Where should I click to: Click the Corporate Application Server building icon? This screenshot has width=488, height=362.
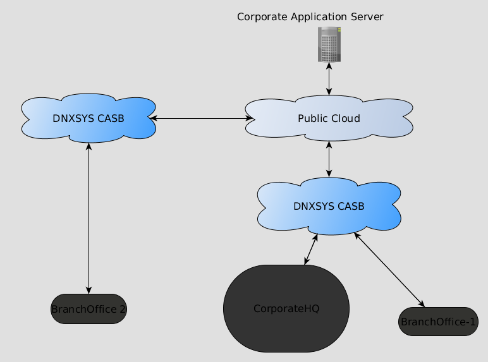[x=329, y=44]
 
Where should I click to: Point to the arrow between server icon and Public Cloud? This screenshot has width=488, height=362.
[x=329, y=78]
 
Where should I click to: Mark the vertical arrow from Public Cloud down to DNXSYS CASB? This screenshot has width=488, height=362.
[x=329, y=159]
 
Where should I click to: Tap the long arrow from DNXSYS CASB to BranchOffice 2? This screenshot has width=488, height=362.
[x=88, y=218]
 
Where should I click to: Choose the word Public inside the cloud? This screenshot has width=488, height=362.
[x=312, y=118]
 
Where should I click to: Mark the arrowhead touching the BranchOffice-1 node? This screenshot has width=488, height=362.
[x=421, y=305]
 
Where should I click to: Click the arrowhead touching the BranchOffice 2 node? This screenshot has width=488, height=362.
[x=88, y=290]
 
